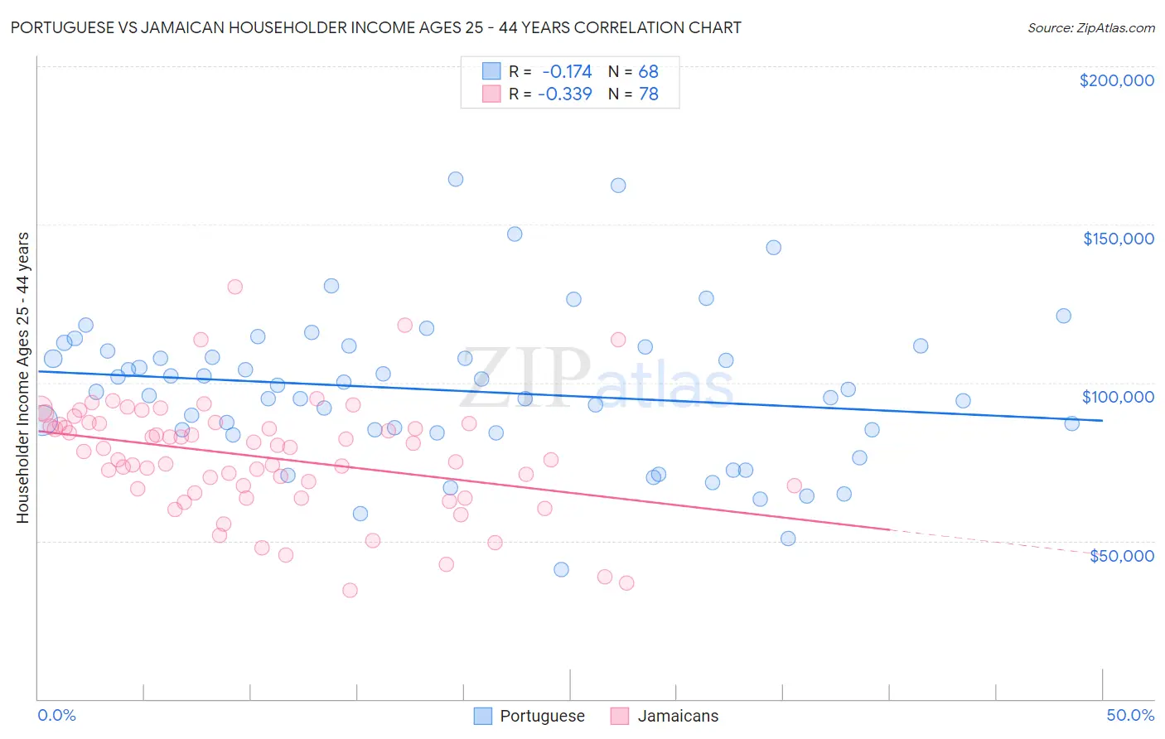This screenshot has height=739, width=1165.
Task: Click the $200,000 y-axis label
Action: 1116,80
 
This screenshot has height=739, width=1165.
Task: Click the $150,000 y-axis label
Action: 1118,239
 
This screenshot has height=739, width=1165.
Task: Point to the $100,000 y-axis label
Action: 1118,397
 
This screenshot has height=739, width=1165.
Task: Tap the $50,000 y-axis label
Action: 1121,555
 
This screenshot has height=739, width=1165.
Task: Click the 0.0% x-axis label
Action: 56,715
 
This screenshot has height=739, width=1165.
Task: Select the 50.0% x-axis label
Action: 1130,715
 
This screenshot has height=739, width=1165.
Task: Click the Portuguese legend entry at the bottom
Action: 542,716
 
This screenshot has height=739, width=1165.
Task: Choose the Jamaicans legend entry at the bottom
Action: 678,716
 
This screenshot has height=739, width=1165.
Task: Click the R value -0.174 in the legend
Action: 567,71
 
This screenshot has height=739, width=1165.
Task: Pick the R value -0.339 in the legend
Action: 565,94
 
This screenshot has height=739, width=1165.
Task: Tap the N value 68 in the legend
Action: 648,71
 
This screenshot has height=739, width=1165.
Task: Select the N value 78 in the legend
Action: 648,94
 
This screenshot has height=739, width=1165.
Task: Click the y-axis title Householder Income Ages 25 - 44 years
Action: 23,378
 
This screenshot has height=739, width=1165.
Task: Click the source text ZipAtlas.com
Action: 1090,28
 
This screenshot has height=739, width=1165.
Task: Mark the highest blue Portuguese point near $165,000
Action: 456,179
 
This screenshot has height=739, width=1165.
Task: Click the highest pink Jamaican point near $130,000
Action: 234,287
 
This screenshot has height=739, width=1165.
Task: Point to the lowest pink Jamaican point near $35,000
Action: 350,590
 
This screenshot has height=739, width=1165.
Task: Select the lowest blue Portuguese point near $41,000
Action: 561,569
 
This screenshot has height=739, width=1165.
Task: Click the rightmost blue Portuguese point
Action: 1071,423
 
